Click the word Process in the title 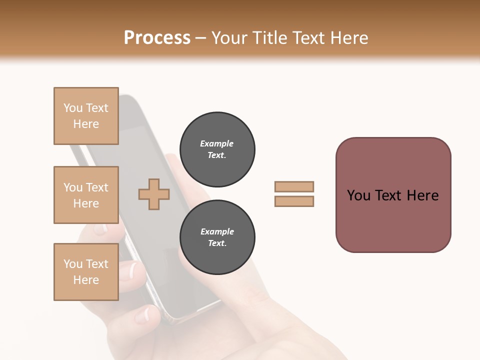(157, 38)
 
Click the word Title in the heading (270, 38)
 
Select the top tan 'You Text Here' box (86, 116)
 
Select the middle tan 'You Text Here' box (86, 195)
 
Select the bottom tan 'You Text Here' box (86, 272)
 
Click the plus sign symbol (154, 194)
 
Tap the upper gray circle (217, 149)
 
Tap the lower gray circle (217, 237)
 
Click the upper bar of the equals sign (294, 187)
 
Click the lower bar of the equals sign (294, 201)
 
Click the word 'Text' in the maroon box (388, 195)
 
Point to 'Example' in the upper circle (217, 143)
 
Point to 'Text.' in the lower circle (217, 243)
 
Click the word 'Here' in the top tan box (86, 124)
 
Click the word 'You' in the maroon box (358, 195)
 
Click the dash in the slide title (200, 38)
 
